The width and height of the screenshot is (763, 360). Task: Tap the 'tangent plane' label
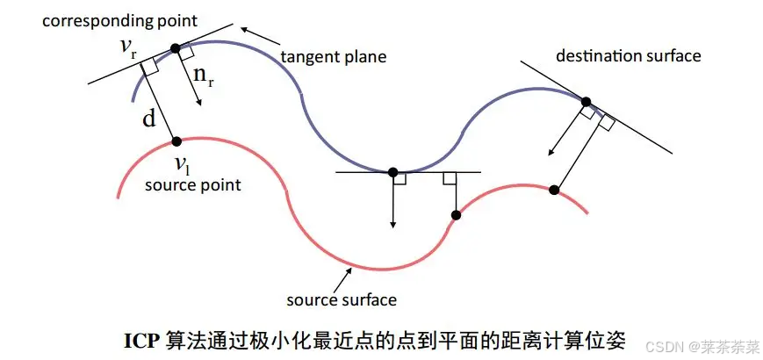point(333,57)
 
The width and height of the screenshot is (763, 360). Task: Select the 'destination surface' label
point(628,55)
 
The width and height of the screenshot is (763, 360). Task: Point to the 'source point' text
point(192,185)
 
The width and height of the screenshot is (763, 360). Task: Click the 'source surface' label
point(342,299)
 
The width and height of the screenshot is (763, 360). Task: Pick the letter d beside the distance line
point(149,118)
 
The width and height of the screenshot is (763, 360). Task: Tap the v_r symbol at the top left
point(129,47)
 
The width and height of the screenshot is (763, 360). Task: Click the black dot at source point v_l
point(176,140)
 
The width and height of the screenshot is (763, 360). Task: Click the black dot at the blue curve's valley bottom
point(392,172)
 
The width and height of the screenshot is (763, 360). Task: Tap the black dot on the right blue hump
point(587,102)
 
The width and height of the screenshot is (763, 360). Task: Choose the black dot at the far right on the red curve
point(554,190)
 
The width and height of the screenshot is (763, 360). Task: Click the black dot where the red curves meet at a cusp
point(457,215)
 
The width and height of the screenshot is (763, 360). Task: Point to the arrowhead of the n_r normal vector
point(200,103)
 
